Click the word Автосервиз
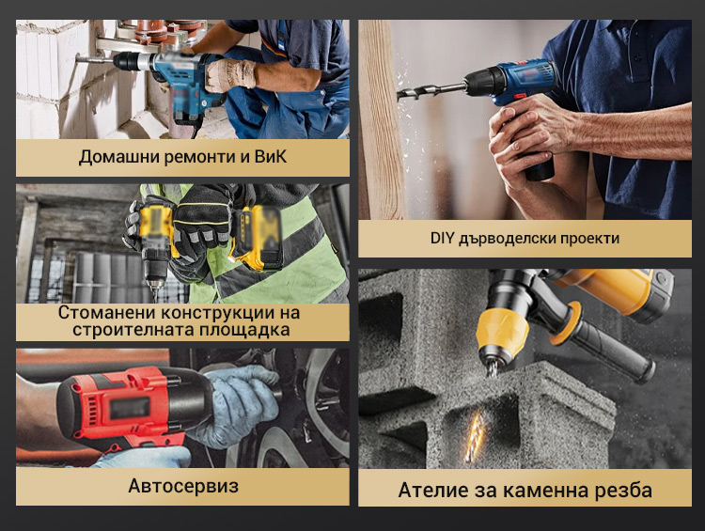coord(183,486)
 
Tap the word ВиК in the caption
coord(271,156)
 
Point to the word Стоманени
coord(106,312)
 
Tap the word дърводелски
coord(504,239)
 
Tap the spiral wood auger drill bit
coord(431,91)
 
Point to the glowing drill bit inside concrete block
coord(474,437)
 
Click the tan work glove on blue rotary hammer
coord(230,74)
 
